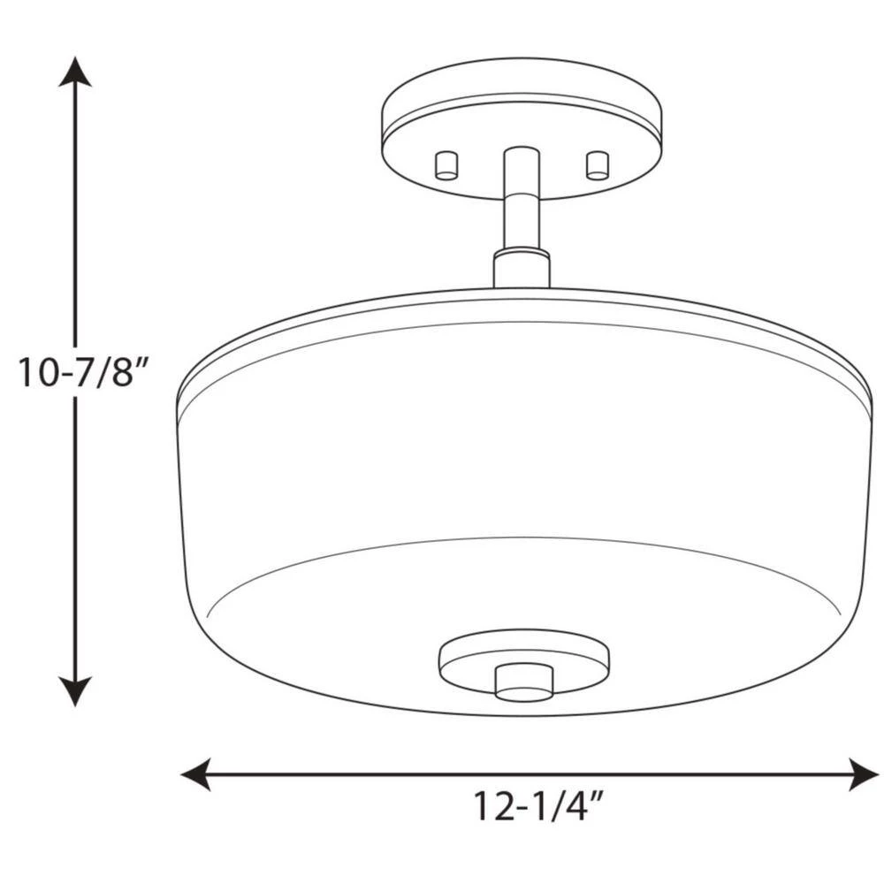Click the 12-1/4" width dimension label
click(x=537, y=805)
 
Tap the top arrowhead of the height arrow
click(x=75, y=72)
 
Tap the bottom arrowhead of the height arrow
click(x=75, y=691)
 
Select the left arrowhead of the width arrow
click(x=195, y=774)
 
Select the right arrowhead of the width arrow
click(x=864, y=774)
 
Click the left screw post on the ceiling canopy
click(x=446, y=164)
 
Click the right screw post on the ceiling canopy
click(x=598, y=164)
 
